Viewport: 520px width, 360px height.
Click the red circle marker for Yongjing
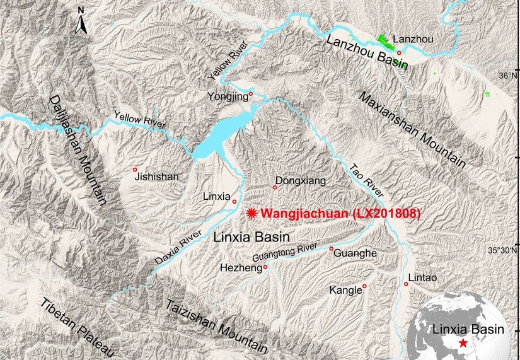click(x=251, y=94)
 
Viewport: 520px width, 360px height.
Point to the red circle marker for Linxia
click(x=234, y=202)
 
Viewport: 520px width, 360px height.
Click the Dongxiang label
click(x=301, y=181)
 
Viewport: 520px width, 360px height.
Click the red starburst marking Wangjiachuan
click(x=253, y=214)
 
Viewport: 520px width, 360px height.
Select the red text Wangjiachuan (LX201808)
click(x=340, y=214)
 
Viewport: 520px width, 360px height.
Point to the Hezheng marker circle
click(x=265, y=267)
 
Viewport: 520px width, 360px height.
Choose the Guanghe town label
click(x=357, y=253)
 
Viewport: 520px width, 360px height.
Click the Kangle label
click(x=345, y=291)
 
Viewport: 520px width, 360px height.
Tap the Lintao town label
click(x=422, y=277)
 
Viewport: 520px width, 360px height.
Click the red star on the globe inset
click(x=464, y=343)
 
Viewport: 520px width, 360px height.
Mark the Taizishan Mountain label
click(x=216, y=325)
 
